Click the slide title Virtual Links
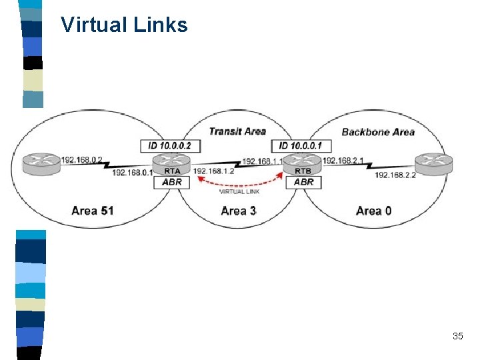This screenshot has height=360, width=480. coord(124,25)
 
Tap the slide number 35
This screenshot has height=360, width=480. coord(457,336)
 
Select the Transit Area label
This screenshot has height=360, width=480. coord(237,131)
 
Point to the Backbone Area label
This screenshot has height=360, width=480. coord(378,132)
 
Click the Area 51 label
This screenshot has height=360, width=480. coord(93,211)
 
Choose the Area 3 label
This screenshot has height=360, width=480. coord(238,211)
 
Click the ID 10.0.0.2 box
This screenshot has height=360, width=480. coord(171,146)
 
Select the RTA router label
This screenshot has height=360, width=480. coord(171,171)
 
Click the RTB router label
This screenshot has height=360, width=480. coord(303,171)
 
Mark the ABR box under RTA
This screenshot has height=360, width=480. coord(171,182)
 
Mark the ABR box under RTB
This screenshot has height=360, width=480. coord(304,182)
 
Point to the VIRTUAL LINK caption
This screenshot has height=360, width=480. coord(240,192)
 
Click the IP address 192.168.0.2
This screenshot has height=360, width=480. coord(82,160)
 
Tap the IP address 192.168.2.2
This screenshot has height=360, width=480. coord(395,175)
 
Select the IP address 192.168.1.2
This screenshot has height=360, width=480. coord(214,171)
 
